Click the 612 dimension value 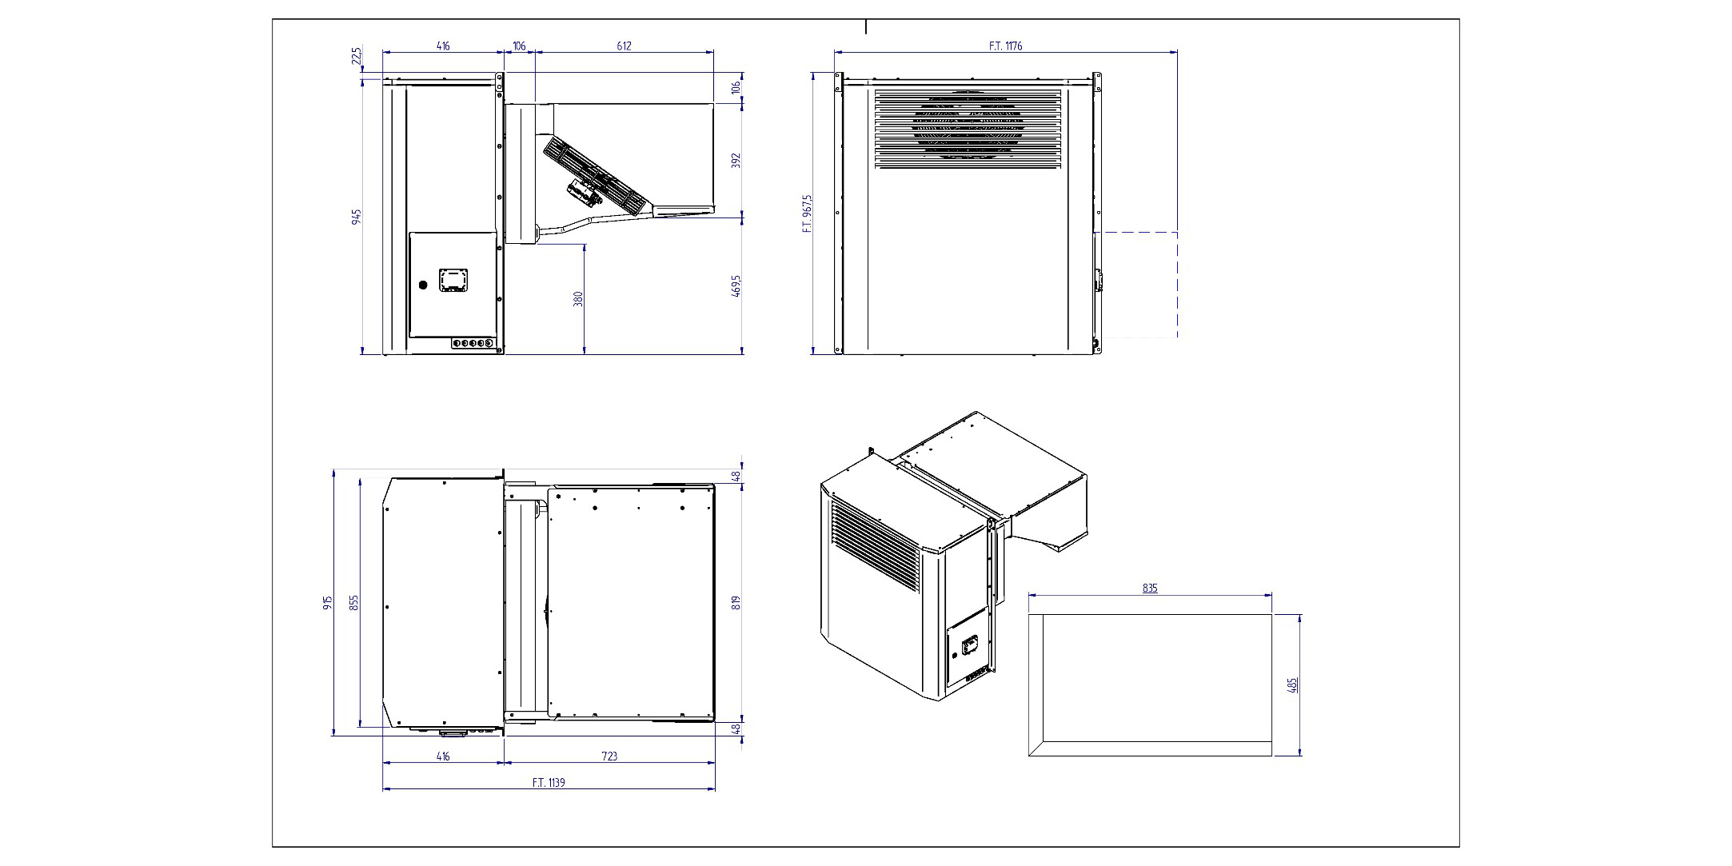point(624,46)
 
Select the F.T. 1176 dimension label point(1005,46)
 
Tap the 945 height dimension point(357,216)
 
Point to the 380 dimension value point(578,298)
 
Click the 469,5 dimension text point(736,285)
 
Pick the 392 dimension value point(736,160)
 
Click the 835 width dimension point(1149,588)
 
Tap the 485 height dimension point(1294,684)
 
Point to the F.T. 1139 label point(549,782)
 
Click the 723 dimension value point(609,756)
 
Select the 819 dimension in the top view point(736,602)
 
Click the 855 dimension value point(354,602)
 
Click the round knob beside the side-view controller point(423,284)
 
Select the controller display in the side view point(453,280)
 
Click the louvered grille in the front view point(968,129)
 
